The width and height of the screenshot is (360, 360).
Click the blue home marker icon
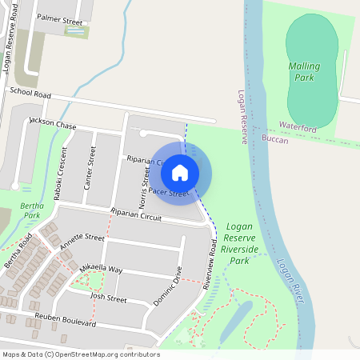tap(180, 172)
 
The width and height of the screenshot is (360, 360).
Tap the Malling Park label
tap(304, 72)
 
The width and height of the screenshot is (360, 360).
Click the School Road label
tap(30, 94)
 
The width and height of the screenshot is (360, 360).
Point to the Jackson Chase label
tap(53, 124)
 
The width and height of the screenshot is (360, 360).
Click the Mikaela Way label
tap(102, 268)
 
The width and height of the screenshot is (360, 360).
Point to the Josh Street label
tap(109, 298)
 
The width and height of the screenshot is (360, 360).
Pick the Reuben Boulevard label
tap(66, 320)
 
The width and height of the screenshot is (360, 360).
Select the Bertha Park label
tap(30, 210)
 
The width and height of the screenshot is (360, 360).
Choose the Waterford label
tap(298, 127)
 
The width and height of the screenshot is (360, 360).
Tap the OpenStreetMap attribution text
tap(80, 354)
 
